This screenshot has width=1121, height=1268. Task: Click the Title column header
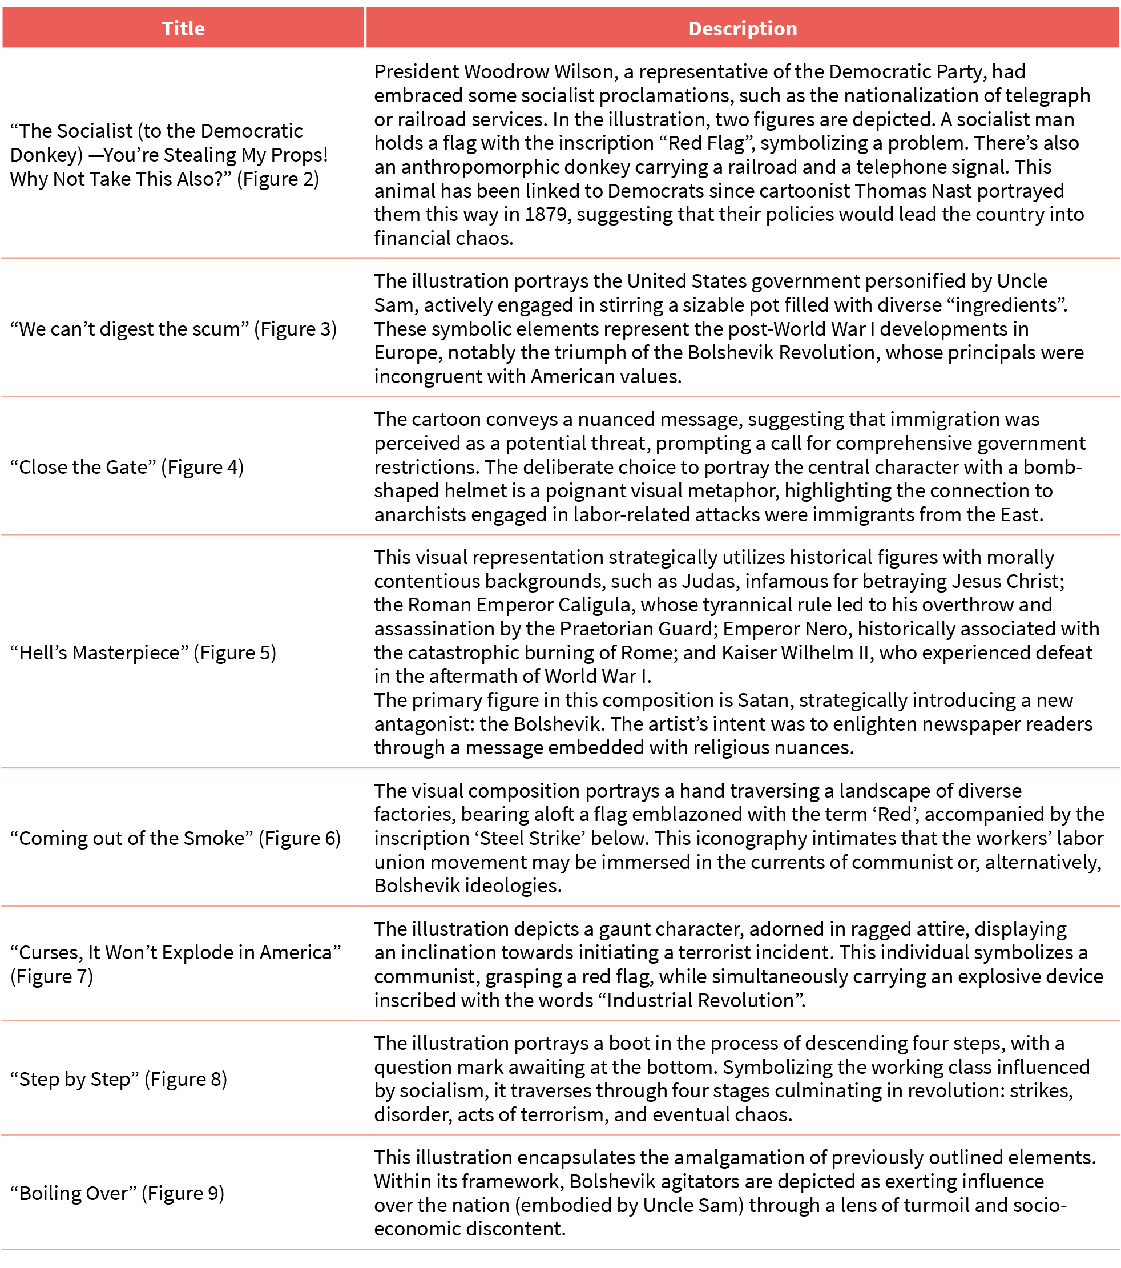point(183,29)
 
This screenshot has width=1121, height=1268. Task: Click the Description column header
point(742,29)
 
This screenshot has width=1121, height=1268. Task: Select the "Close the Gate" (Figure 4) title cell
point(127,466)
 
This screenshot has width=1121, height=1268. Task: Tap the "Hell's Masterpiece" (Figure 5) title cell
point(143,652)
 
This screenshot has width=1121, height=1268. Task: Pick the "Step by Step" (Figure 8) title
point(119,1079)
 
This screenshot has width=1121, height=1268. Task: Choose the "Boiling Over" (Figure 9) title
point(117,1193)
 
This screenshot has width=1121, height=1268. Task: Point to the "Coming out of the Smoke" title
point(176,838)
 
